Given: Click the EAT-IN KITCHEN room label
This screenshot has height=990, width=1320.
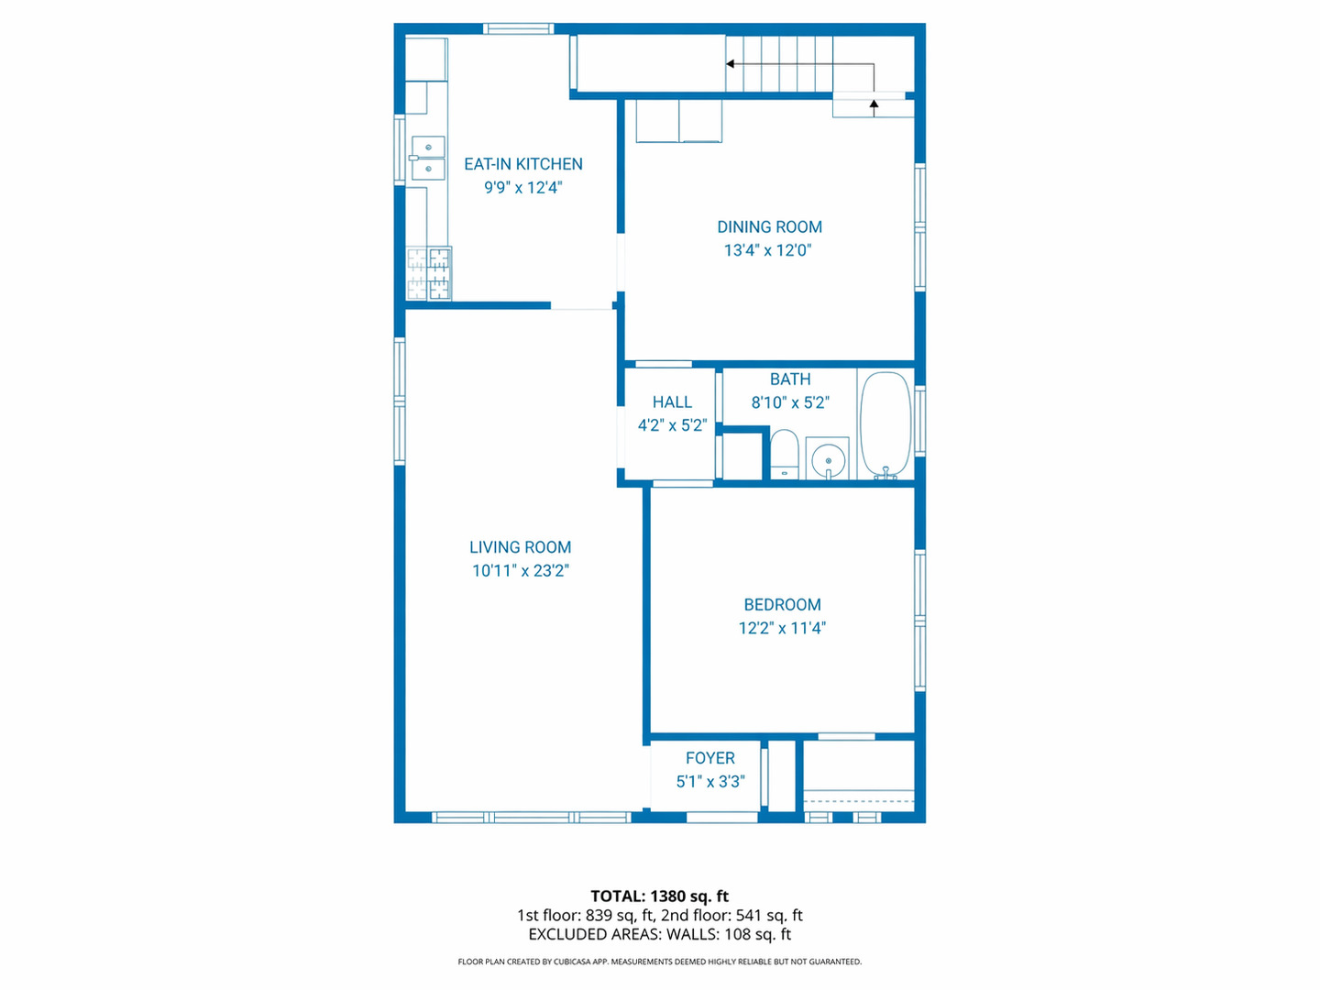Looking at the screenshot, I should coord(522,164).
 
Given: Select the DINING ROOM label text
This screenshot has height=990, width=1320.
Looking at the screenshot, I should coord(769,226).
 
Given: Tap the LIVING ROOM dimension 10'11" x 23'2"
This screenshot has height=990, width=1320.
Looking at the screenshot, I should coord(521,570).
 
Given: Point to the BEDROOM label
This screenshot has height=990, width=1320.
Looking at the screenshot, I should coord(782,604).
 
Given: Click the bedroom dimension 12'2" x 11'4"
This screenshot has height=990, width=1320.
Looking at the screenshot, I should coord(782,628).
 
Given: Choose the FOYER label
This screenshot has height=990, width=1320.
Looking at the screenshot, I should coord(709,758).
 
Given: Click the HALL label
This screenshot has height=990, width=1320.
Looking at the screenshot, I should coord(672,401).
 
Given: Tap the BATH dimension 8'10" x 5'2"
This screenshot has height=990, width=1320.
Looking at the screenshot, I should coord(789,402).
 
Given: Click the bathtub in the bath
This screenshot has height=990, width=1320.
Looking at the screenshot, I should coord(885,424).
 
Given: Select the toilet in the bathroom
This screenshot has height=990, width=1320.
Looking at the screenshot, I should coord(784,455).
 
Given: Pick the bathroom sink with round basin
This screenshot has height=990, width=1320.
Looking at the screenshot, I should coord(828,458).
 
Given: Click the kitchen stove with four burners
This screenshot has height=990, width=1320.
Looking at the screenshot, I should coord(429,273).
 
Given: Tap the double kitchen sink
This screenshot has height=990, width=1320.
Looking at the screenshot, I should coord(428,158).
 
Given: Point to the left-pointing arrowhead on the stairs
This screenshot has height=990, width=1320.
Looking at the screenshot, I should coord(731,64).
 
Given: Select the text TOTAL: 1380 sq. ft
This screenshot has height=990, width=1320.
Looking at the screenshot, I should coord(659,896).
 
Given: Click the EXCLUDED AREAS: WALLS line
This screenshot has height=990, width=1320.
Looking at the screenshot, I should coord(659,934).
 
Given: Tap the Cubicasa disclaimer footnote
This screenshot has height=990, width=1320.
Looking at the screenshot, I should coord(659,962).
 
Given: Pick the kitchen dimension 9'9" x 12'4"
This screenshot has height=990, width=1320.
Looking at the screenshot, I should coord(522,188).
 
